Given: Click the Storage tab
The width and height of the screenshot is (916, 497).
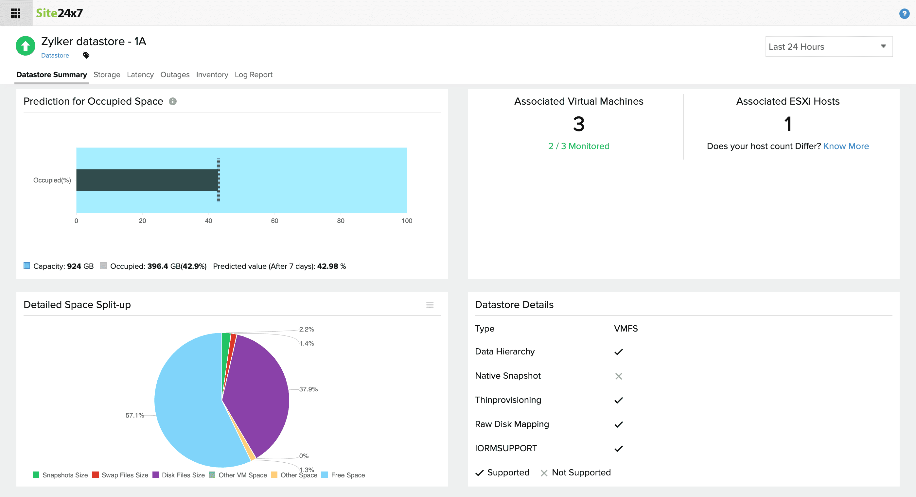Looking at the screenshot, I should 107,75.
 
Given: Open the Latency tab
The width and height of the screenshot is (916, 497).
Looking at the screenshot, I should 140,75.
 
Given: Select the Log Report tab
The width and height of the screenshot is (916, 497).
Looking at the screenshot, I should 253,75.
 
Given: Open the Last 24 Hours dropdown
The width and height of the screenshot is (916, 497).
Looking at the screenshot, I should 829,46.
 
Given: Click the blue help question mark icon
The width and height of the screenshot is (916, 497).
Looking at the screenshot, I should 904,13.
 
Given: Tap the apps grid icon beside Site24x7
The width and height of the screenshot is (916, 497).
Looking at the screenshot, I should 16,13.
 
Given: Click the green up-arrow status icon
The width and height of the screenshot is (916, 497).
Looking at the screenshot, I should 25,46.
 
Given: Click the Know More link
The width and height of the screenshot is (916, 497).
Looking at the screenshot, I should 846,146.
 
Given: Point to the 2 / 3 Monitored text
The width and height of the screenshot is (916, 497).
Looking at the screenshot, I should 578,146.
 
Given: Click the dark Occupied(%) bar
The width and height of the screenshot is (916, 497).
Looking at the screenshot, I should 147,180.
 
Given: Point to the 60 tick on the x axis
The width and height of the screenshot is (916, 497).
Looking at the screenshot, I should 274,221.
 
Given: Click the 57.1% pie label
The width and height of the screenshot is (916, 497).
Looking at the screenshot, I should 134,415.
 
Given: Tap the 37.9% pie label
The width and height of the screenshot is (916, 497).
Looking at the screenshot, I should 308,389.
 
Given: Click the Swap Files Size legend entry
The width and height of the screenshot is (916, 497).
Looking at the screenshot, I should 120,475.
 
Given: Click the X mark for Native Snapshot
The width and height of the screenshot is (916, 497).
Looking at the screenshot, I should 618,376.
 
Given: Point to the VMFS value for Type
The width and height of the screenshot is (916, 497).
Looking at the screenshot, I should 625,329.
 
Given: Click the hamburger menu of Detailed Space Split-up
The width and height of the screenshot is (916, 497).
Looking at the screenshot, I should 430,305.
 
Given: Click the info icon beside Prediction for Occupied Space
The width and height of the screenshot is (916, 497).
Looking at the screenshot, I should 172,101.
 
